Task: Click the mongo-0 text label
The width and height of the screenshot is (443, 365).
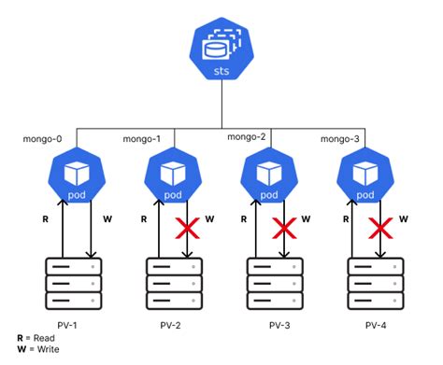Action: point(42,140)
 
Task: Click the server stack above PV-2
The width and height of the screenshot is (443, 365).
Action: point(173,282)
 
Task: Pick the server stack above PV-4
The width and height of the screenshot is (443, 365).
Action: point(373,282)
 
